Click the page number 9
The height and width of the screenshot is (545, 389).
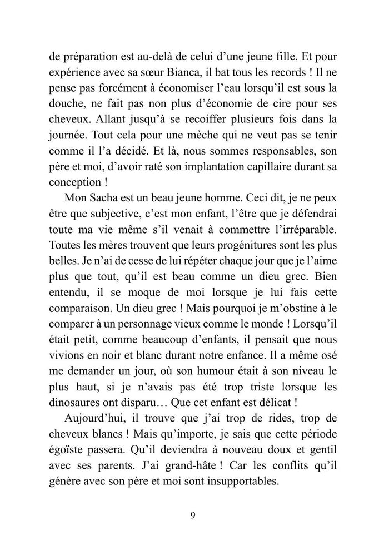pos(192,515)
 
